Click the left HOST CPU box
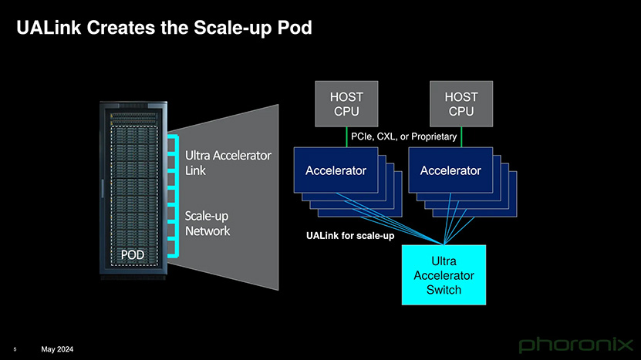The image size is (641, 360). pos(346,104)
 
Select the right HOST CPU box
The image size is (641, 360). pos(461,104)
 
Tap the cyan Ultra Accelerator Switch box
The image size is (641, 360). pos(444,275)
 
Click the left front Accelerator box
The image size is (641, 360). pos(336,170)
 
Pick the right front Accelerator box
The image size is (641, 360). pos(450,170)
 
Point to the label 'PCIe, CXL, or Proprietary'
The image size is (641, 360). pos(404,136)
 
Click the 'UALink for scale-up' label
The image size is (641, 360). pos(350,236)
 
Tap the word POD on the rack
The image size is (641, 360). pos(133,255)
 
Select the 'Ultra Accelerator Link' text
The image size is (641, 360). pos(228,163)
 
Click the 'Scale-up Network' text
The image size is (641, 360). pos(207,223)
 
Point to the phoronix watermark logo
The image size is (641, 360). pos(575,345)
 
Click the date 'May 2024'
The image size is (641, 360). pos(57,349)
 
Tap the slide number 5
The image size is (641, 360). pos(15,349)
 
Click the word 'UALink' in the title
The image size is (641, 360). pos(49,28)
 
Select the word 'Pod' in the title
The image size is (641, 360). pos(295,28)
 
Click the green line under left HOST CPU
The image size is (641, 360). pos(346,137)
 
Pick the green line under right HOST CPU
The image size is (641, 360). pos(461,137)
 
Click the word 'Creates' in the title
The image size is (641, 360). pos(120,28)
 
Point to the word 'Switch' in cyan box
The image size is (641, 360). pos(444,290)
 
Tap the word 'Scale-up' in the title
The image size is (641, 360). pos(233,29)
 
